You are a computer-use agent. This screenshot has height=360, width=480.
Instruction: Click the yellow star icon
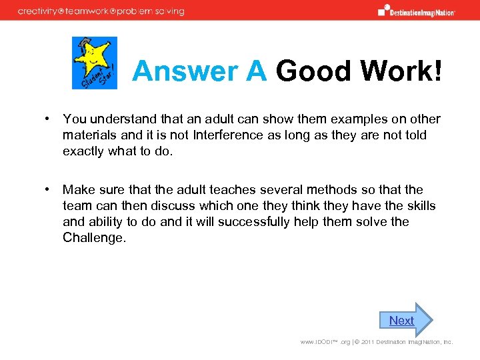95,63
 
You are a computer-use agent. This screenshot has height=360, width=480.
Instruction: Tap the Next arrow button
405,320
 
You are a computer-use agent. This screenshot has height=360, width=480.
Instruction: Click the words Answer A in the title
199,71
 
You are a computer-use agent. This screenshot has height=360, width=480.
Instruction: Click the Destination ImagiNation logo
416,11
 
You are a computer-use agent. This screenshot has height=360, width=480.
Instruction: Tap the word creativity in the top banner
42,11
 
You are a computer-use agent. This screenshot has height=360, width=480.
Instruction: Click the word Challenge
93,237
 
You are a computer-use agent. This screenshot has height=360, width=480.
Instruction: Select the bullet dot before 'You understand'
49,119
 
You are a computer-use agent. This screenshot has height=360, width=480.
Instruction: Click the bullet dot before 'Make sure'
49,189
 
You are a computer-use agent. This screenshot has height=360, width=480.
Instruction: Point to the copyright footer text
376,342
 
